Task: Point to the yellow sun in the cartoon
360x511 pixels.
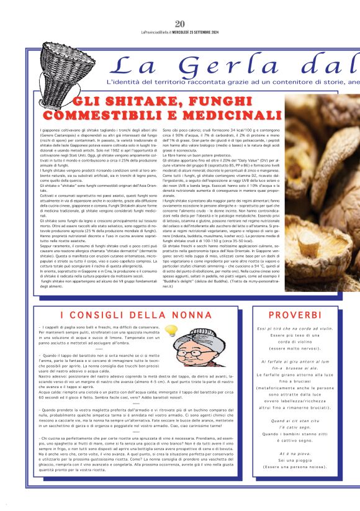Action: tap(170, 330)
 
